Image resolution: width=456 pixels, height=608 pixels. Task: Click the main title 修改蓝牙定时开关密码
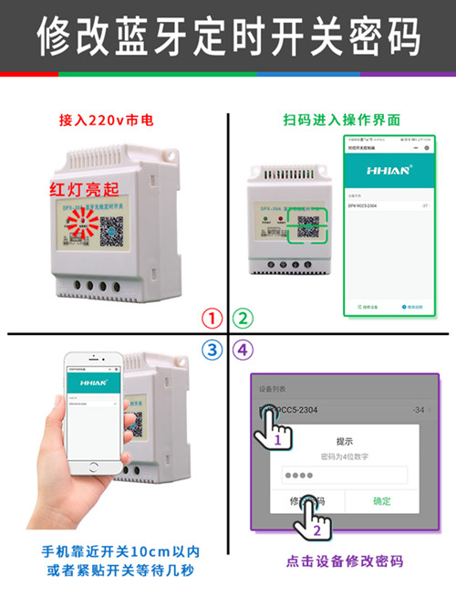point(228,36)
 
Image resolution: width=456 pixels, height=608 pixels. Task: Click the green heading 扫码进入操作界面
point(341,120)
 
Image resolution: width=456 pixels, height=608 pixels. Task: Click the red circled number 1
point(212,319)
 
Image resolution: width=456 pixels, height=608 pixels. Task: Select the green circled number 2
point(243,319)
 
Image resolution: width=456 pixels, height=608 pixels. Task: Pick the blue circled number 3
point(212,349)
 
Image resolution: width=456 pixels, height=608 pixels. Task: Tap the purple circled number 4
point(243,349)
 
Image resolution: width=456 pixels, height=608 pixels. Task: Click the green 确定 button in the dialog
point(381,501)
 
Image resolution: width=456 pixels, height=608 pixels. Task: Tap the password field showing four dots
point(344,475)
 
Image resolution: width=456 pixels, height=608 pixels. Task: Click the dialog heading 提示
point(344,439)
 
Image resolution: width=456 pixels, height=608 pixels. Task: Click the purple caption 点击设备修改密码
point(344,561)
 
